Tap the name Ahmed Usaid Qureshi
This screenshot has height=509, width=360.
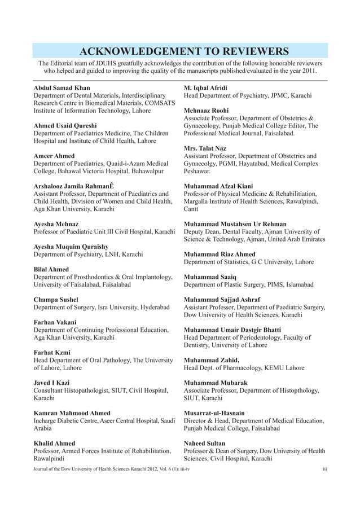[65, 125]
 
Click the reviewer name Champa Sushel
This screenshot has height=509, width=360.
[56, 300]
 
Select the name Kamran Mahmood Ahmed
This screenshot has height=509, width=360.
[72, 413]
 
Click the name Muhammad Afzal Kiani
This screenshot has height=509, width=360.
[219, 186]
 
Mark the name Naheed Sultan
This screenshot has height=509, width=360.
[205, 444]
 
